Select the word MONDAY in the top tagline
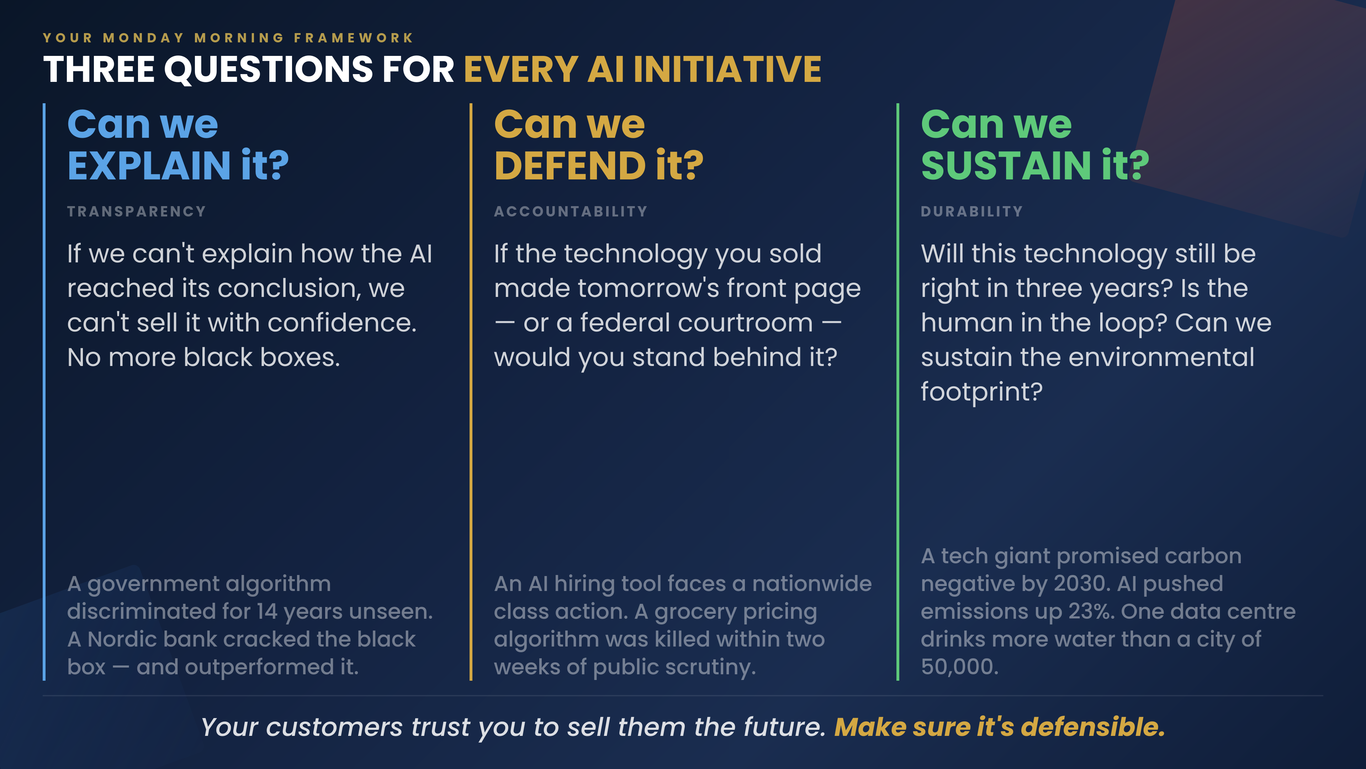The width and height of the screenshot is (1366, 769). point(144,38)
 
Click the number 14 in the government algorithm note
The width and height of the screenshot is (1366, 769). point(267,611)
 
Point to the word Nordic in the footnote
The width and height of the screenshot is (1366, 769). point(122,639)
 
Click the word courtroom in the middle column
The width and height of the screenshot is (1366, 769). point(696,323)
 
